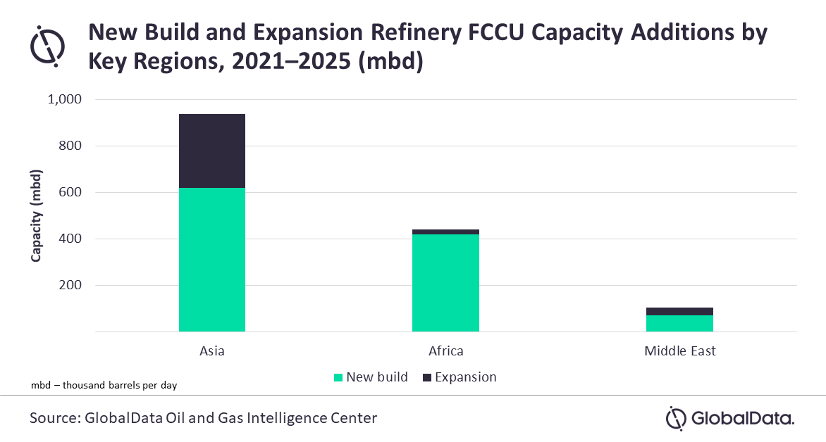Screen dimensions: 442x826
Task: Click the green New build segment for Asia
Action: pos(212,260)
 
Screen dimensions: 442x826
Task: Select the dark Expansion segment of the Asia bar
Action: pos(212,151)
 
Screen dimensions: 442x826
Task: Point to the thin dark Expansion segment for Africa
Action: pos(445,232)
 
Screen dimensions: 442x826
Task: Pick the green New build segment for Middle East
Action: pos(679,323)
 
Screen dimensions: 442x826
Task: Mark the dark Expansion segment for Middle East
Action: pos(679,311)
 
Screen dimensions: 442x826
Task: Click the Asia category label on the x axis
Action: pos(212,351)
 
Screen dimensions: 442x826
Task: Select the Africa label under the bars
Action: pos(445,351)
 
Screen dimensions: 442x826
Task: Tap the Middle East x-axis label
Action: pos(679,351)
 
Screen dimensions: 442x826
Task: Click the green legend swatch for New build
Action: pos(338,377)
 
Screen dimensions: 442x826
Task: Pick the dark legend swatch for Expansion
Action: pos(426,377)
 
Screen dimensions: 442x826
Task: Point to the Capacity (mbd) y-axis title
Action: pos(36,215)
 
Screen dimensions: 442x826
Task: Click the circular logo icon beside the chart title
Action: pos(48,45)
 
